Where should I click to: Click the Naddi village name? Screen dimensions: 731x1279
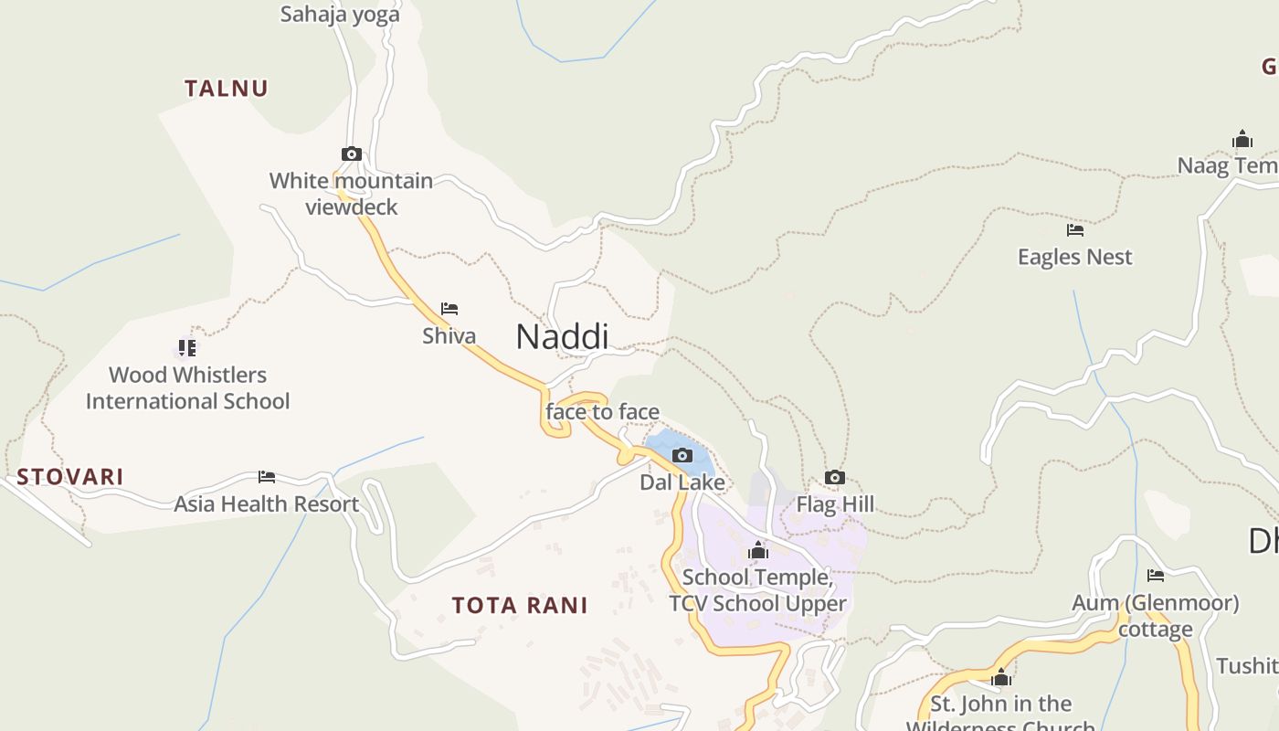click(562, 336)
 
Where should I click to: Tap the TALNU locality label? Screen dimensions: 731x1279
click(226, 89)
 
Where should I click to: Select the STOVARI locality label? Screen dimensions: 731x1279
click(70, 477)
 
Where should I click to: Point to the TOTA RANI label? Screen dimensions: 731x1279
click(520, 605)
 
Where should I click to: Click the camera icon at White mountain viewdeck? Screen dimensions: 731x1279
click(352, 154)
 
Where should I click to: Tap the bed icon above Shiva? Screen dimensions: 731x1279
click(449, 309)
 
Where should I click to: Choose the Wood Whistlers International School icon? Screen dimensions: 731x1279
click(187, 348)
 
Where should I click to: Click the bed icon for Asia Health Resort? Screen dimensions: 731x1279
click(267, 477)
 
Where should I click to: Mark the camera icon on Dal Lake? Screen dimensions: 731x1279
click(682, 455)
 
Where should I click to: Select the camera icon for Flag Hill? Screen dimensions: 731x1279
click(834, 477)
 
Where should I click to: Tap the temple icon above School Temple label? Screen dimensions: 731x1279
click(758, 550)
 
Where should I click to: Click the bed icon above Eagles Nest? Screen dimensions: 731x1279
click(1075, 230)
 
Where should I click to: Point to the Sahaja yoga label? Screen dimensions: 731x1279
click(340, 14)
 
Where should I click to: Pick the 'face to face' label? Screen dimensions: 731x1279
click(602, 412)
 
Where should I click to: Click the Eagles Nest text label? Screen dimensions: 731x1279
click(1075, 257)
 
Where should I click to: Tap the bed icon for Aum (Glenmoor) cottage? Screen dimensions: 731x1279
click(1156, 576)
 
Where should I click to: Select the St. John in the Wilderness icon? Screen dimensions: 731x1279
click(1001, 677)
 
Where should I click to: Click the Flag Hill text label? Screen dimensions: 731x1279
click(835, 504)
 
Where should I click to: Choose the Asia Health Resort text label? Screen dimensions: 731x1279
click(267, 503)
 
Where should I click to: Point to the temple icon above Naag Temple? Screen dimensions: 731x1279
click(1242, 139)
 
